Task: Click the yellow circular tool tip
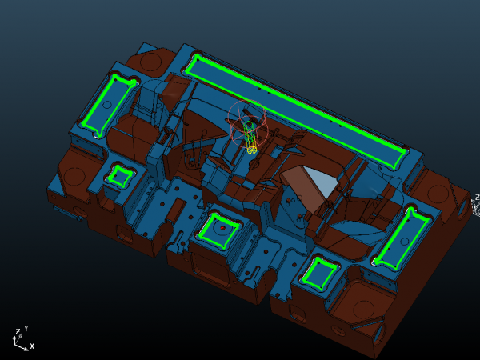252,150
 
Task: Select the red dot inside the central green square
222,228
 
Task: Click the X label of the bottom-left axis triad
32,346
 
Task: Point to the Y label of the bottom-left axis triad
26,329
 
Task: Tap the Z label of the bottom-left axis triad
18,331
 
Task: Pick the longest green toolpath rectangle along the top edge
296,111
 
